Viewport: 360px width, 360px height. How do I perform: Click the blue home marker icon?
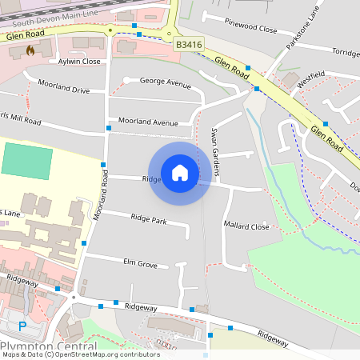tap(180, 173)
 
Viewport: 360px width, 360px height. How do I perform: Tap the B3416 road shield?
tap(189, 46)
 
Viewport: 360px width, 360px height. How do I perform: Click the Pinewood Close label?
tap(250, 29)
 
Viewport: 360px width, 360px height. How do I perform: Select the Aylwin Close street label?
tap(80, 61)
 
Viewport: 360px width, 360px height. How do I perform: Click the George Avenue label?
tap(166, 81)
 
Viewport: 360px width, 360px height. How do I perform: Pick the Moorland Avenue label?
tap(148, 122)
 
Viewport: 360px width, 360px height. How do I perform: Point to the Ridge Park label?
tap(149, 219)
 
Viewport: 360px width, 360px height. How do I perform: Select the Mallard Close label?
tap(246, 226)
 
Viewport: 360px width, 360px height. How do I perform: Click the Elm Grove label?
tap(140, 263)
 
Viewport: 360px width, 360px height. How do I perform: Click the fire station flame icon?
tap(30, 50)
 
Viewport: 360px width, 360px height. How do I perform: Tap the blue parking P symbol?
tap(22, 326)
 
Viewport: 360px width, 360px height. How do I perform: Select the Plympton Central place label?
tap(48, 346)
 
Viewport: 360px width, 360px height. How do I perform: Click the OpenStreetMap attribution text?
tap(80, 354)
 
